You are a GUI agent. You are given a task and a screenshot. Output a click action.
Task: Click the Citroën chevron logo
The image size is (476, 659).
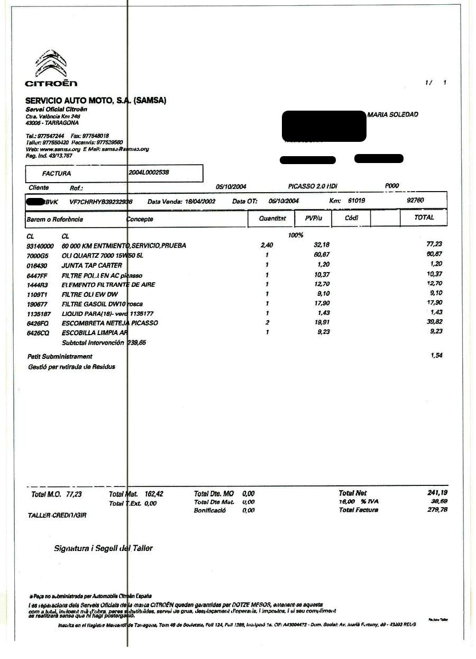tap(51, 63)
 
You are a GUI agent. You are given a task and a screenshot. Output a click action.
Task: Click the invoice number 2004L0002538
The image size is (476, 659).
tap(149, 172)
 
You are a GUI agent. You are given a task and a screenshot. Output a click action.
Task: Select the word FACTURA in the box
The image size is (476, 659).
tap(57, 173)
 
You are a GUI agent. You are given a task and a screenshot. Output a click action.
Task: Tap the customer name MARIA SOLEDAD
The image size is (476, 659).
tap(392, 114)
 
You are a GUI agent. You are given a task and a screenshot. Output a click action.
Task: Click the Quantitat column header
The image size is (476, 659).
tap(272, 218)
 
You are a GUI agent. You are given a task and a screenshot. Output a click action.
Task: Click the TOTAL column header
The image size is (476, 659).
tap(424, 218)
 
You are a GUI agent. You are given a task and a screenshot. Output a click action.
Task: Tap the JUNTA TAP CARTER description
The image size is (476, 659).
tap(91, 265)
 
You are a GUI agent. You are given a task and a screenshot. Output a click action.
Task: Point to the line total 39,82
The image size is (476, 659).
tap(434, 322)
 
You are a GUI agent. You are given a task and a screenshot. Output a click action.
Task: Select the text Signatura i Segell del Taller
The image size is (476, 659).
tap(103, 548)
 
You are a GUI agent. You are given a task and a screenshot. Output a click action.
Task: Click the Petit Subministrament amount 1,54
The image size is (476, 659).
tap(436, 356)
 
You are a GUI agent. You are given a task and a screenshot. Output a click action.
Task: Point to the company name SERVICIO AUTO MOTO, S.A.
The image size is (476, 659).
tap(96, 100)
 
